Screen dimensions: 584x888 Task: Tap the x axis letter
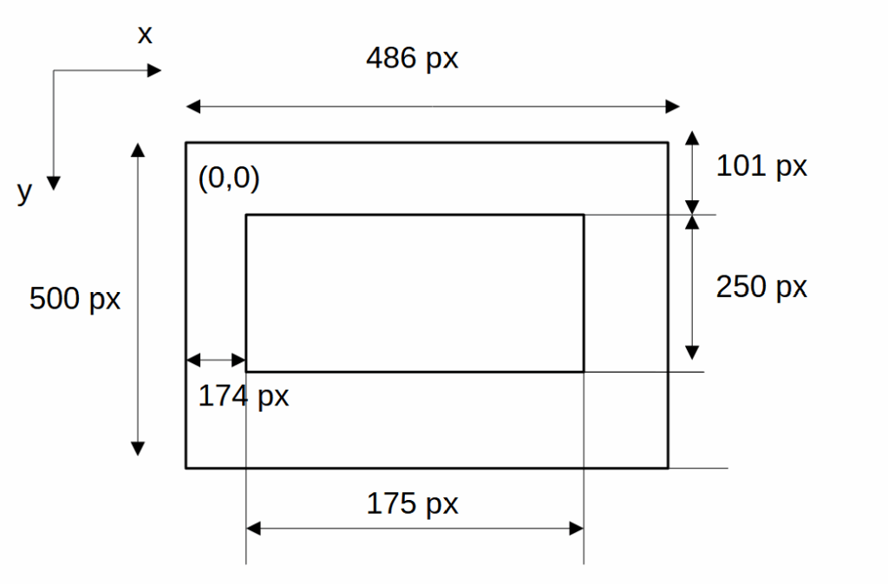(x=145, y=35)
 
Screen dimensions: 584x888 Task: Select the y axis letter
(x=24, y=191)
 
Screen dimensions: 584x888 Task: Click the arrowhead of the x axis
(x=155, y=70)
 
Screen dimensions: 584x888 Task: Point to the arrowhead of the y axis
(x=54, y=182)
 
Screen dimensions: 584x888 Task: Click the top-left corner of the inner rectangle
(x=246, y=215)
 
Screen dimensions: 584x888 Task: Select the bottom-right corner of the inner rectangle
(x=583, y=372)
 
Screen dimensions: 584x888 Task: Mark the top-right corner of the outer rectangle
(x=668, y=143)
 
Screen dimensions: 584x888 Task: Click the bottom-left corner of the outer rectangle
(x=186, y=468)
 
